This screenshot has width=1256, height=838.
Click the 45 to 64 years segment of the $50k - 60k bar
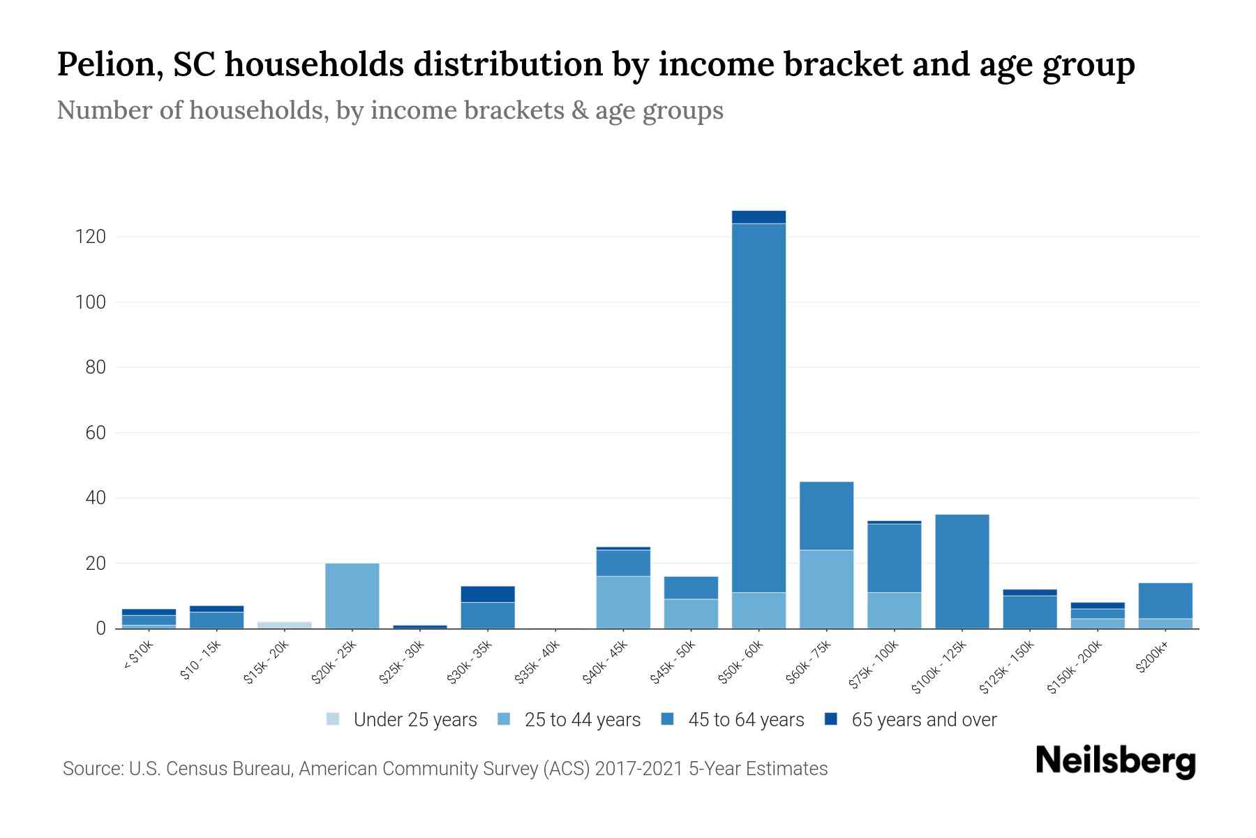[758, 409]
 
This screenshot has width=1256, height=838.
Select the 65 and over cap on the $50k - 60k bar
[758, 217]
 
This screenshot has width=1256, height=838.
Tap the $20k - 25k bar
[352, 596]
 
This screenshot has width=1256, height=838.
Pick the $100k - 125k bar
[962, 571]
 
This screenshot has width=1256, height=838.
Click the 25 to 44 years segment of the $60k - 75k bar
[826, 589]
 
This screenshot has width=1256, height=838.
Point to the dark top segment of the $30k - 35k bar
[488, 594]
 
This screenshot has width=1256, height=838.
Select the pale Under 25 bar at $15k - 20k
[285, 625]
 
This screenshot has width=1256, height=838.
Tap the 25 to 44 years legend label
[582, 720]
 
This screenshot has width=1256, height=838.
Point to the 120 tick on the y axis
[90, 237]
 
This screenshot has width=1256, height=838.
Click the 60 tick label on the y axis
[96, 433]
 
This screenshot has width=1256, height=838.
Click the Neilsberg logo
[1115, 760]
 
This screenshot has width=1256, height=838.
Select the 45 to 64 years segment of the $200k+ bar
[1165, 601]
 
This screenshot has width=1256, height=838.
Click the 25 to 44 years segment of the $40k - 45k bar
[623, 602]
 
